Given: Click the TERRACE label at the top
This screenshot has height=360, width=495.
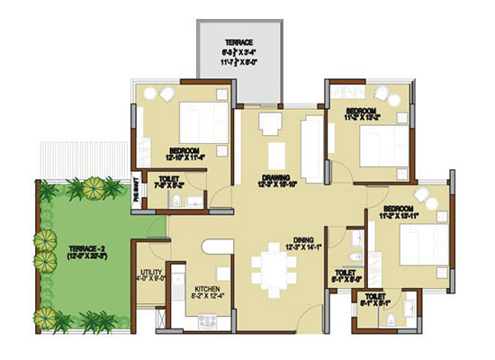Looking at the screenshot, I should (238, 42).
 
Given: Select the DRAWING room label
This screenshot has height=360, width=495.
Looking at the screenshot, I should (275, 177).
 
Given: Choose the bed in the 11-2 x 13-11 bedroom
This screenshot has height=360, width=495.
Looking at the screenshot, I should (420, 241).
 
